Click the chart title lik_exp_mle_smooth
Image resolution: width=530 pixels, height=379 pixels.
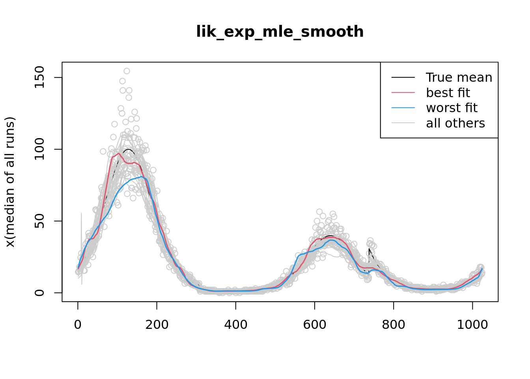[280, 32]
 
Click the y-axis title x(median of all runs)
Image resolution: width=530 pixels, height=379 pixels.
[10, 182]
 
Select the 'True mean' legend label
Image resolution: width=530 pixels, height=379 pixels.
[459, 77]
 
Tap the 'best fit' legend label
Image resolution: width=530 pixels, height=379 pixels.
[448, 93]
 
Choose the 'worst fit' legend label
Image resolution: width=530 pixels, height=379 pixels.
[452, 108]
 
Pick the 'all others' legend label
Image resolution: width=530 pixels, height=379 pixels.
[455, 123]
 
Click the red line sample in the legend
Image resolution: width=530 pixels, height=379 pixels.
[403, 93]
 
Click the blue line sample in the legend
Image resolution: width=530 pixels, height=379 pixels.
[403, 108]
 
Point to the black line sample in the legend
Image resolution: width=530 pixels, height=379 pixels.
[403, 77]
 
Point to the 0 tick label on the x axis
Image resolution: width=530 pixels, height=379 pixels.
[78, 325]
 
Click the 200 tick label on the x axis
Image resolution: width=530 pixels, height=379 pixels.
[157, 325]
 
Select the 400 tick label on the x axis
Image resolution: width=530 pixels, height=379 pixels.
[236, 325]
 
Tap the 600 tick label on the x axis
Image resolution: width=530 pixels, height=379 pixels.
[315, 325]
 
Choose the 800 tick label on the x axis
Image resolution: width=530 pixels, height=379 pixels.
[394, 325]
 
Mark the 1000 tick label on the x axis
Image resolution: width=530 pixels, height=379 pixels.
[472, 325]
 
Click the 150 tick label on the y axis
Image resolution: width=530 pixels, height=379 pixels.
[39, 77]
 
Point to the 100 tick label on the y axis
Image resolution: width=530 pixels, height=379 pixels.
[39, 149]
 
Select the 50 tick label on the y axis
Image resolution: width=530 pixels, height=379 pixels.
[39, 221]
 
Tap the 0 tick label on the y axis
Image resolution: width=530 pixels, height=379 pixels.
[39, 293]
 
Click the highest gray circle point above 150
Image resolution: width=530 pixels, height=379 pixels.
[127, 71]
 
